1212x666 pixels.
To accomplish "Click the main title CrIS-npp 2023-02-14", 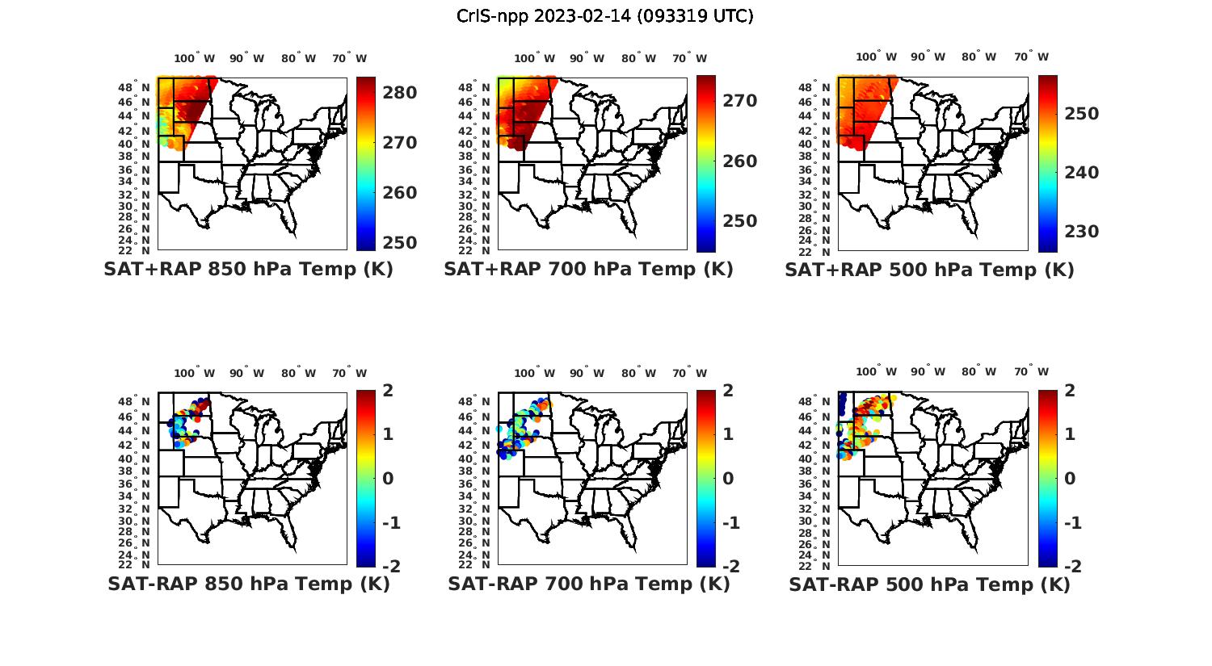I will coord(604,16).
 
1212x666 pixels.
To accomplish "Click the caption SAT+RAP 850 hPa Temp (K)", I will coord(248,270).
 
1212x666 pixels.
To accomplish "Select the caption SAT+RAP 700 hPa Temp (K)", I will coord(588,270).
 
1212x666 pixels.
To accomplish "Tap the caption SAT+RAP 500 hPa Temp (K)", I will coord(929,270).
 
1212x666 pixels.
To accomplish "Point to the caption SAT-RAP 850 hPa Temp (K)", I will coord(248,584).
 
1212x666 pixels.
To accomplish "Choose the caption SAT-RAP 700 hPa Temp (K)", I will coord(588,584).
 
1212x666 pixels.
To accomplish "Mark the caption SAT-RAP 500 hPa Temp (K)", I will coord(929,584).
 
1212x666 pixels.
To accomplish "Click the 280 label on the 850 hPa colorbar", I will coord(400,93).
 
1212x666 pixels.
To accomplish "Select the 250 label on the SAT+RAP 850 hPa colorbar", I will coord(400,242).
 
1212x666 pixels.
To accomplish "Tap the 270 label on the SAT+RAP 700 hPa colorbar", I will coord(740,101).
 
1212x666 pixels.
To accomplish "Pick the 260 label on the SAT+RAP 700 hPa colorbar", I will coord(740,161).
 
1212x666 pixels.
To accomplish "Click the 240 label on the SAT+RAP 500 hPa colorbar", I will coord(1081,173).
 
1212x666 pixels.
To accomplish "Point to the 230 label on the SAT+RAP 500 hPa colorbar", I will coord(1081,232).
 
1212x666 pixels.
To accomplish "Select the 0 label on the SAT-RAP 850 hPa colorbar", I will coord(387,479).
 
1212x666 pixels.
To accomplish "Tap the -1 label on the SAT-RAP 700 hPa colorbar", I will coord(730,523).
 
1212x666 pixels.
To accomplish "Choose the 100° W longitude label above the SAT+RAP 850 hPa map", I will coord(195,58).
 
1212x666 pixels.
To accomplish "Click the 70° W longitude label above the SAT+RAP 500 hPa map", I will coord(1031,57).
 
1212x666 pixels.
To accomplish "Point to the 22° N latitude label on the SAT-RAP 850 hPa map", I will coord(135,564).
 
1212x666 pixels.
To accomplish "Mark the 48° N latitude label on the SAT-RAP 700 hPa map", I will coord(475,402).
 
